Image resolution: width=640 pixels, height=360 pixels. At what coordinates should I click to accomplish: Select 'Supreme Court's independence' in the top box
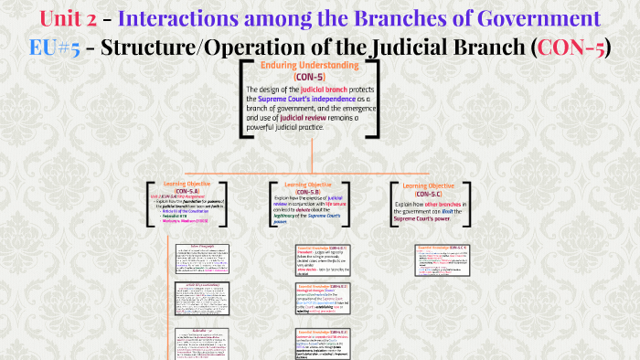[x=307, y=99]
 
